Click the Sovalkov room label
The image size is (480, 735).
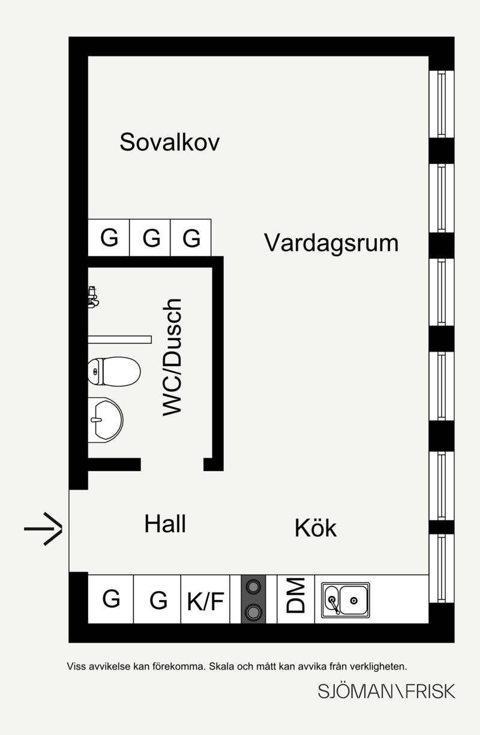pyautogui.click(x=169, y=142)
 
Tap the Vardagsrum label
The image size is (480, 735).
pyautogui.click(x=331, y=243)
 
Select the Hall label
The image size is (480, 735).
pyautogui.click(x=166, y=524)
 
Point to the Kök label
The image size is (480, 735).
pyautogui.click(x=316, y=527)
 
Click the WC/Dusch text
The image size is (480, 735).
pyautogui.click(x=172, y=358)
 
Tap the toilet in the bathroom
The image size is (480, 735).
pyautogui.click(x=114, y=371)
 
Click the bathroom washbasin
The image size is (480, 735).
pyautogui.click(x=106, y=419)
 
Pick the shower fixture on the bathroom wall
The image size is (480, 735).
pyautogui.click(x=93, y=297)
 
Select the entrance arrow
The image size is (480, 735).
pyautogui.click(x=43, y=529)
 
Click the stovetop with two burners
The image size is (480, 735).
pyautogui.click(x=254, y=599)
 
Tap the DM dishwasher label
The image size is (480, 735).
pyautogui.click(x=296, y=599)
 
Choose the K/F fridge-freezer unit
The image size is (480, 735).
pyautogui.click(x=205, y=599)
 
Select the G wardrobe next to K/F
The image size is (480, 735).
pyautogui.click(x=157, y=599)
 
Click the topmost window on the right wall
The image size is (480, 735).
pyautogui.click(x=442, y=104)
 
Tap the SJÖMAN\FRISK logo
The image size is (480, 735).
pyautogui.click(x=386, y=691)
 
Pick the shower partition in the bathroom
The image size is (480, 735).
pyautogui.click(x=120, y=339)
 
